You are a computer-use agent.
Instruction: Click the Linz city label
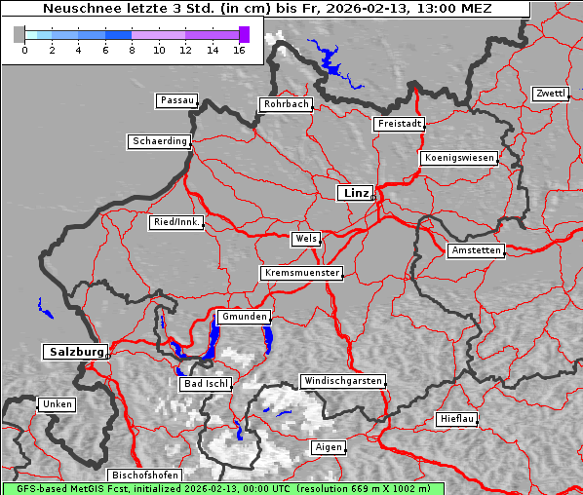click(355, 193)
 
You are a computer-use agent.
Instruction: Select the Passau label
click(176, 100)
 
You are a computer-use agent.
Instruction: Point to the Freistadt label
click(399, 124)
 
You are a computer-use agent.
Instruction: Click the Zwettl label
click(550, 94)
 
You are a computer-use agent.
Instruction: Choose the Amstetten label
click(476, 250)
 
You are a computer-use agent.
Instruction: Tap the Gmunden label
click(243, 317)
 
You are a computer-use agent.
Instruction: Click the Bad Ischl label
click(205, 384)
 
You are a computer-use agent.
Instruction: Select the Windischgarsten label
click(342, 380)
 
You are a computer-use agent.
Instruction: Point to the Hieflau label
click(457, 419)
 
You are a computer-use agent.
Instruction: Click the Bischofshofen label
click(143, 475)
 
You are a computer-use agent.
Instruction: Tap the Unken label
click(57, 403)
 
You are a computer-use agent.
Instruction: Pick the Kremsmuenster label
click(302, 273)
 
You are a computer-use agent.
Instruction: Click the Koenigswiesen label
click(459, 158)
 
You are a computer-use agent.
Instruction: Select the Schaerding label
click(159, 141)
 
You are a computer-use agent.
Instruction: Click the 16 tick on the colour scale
click(239, 49)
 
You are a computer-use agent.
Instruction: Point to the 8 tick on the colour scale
click(132, 49)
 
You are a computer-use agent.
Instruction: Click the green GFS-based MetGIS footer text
click(222, 488)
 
